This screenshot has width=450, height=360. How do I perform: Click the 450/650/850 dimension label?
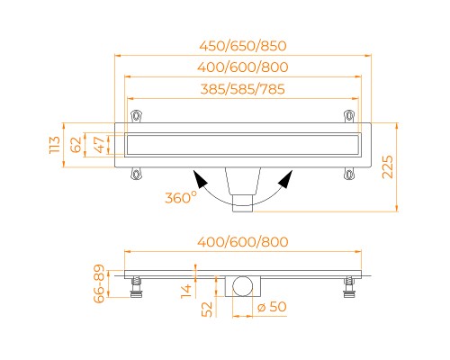click(243, 46)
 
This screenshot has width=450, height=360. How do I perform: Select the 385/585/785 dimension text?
click(243, 89)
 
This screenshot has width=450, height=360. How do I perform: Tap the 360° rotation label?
click(181, 198)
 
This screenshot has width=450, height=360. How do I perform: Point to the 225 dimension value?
click(387, 166)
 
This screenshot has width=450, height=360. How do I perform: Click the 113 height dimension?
click(55, 145)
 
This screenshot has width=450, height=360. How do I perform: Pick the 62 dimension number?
click(76, 145)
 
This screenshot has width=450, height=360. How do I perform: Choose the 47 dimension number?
click(100, 145)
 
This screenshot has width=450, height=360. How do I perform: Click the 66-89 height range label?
click(99, 283)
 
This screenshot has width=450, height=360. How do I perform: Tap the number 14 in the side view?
click(186, 291)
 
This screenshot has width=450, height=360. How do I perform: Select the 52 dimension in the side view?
click(207, 310)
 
